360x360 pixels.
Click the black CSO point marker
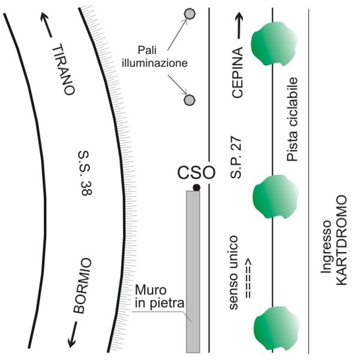click(x=196, y=188)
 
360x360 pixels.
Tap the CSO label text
click(x=196, y=173)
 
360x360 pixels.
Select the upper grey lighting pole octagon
click(x=190, y=14)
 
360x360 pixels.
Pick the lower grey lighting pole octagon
click(x=190, y=100)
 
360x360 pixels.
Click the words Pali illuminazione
click(x=155, y=56)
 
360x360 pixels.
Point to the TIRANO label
click(x=64, y=69)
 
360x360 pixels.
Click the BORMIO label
click(x=82, y=286)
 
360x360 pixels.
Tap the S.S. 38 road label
click(x=86, y=173)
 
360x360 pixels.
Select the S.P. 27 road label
click(x=236, y=158)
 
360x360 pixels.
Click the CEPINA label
click(x=237, y=73)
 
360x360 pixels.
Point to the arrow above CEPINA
click(x=239, y=25)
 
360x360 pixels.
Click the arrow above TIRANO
click(x=46, y=25)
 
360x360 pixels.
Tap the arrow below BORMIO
click(x=73, y=334)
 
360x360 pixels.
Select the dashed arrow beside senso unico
click(x=248, y=278)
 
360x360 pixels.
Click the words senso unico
click(x=234, y=272)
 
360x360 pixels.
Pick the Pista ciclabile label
click(x=292, y=119)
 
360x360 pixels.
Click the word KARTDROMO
click(x=341, y=240)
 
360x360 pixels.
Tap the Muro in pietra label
click(x=160, y=296)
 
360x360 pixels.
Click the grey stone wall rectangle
click(x=193, y=272)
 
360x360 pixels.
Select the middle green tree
click(x=275, y=197)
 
